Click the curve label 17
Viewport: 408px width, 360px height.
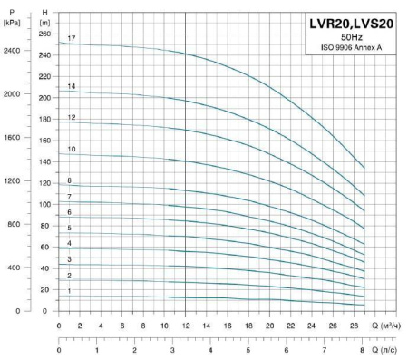pyautogui.click(x=71, y=38)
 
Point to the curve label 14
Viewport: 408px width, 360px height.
pyautogui.click(x=71, y=86)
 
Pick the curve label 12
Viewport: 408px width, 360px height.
pyautogui.click(x=71, y=118)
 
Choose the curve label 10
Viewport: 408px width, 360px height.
pyautogui.click(x=71, y=149)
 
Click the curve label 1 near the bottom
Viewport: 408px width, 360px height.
pyautogui.click(x=69, y=291)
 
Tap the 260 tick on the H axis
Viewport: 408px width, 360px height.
pyautogui.click(x=45, y=33)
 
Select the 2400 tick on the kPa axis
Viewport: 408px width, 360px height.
pyautogui.click(x=12, y=51)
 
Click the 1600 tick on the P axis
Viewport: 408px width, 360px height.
pyautogui.click(x=12, y=138)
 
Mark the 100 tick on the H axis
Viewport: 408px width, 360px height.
pyautogui.click(x=45, y=204)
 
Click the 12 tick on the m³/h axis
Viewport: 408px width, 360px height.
pyautogui.click(x=186, y=325)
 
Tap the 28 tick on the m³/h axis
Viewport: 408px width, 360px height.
pyautogui.click(x=355, y=325)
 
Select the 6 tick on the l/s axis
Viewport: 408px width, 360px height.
pyautogui.click(x=287, y=349)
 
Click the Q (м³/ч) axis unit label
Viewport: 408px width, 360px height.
pyautogui.click(x=390, y=325)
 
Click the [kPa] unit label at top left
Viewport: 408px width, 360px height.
pyautogui.click(x=12, y=20)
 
